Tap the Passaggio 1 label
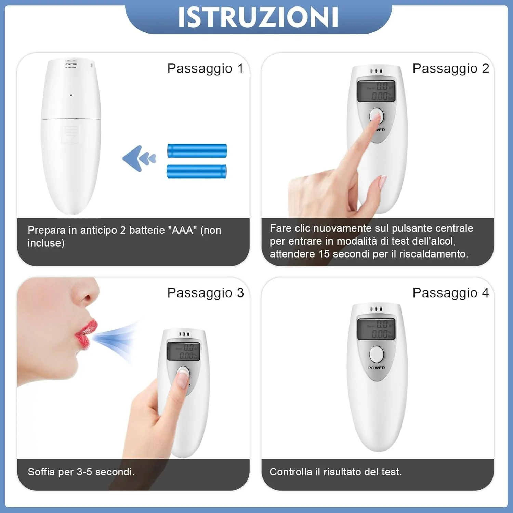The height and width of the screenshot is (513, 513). [205, 68]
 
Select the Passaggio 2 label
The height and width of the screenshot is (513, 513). [451, 68]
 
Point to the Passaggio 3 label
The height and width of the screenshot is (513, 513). [206, 293]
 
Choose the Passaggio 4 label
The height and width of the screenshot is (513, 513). [451, 293]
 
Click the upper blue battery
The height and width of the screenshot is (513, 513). [197, 150]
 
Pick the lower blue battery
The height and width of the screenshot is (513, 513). [196, 171]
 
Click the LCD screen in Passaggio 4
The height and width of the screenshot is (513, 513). [376, 329]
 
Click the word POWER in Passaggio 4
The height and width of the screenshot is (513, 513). [377, 368]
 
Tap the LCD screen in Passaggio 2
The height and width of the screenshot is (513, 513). [376, 91]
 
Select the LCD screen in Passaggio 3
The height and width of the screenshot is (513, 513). [183, 351]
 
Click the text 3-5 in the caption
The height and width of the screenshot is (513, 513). [84, 472]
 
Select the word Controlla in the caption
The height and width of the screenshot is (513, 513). [291, 472]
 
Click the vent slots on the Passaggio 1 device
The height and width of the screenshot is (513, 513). [71, 64]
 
